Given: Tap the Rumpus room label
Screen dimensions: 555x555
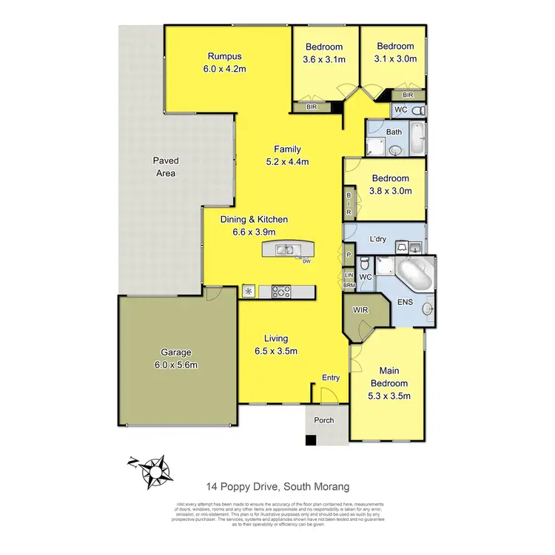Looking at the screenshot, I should point(224,56).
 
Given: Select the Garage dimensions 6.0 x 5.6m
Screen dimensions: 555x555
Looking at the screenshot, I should point(177,365).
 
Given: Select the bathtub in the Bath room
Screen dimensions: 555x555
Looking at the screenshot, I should point(417,138).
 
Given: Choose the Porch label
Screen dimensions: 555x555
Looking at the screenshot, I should point(324,420).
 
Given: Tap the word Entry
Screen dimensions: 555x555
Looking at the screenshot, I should point(330,378).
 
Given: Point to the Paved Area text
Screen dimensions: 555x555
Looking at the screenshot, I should point(166,166).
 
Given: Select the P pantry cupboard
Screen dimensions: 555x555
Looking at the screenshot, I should point(349,255).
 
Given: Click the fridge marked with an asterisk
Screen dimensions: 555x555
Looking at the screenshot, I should point(249,291).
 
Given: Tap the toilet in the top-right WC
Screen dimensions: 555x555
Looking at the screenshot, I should point(417,110).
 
